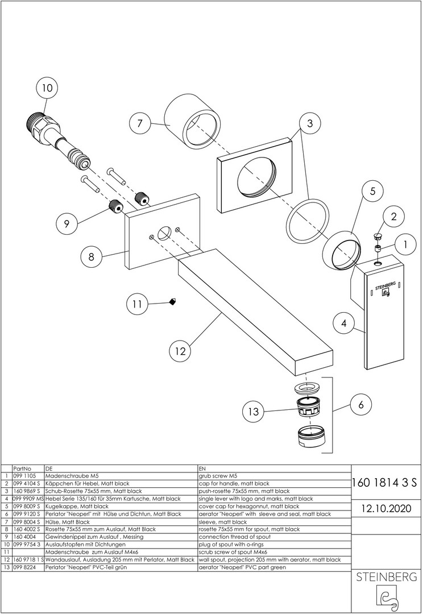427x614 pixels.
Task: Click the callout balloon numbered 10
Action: point(47,88)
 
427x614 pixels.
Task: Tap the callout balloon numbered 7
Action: point(140,124)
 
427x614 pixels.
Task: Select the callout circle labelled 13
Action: point(253,412)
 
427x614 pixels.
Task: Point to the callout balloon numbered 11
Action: point(138,304)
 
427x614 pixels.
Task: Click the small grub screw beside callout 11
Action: point(172,301)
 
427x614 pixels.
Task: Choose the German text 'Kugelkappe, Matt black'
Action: point(77,507)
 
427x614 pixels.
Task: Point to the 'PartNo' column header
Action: point(22,468)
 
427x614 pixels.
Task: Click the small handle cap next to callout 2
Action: point(378,236)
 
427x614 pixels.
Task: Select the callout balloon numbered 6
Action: point(361,405)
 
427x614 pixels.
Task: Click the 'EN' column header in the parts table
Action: point(202,468)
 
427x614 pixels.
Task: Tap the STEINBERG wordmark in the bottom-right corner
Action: point(386,577)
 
